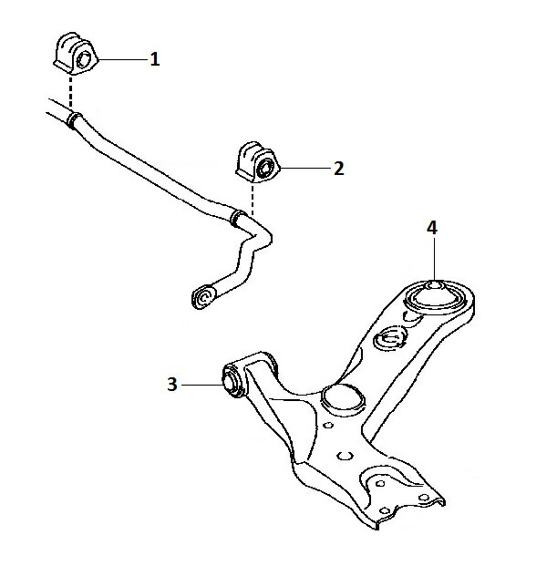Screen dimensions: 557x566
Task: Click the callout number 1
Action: click(155, 59)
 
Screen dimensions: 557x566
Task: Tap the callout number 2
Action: click(339, 169)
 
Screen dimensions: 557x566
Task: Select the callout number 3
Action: click(172, 385)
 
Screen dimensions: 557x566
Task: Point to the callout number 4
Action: click(432, 228)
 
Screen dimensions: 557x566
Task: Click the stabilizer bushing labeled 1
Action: click(76, 54)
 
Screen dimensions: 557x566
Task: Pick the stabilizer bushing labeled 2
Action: click(258, 162)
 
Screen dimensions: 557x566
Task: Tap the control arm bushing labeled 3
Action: click(233, 381)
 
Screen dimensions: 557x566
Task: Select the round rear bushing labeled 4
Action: click(434, 297)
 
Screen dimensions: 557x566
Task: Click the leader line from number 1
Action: click(123, 59)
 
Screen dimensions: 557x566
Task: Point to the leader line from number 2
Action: click(305, 169)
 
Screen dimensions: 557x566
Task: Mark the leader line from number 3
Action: click(202, 385)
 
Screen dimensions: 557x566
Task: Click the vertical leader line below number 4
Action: click(434, 259)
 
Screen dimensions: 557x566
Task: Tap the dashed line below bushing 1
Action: click(71, 92)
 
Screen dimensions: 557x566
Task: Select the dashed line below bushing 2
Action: click(253, 200)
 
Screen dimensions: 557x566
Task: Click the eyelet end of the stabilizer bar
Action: click(203, 297)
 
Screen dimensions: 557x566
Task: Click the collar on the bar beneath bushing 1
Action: click(75, 120)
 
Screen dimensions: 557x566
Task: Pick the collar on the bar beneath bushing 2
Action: click(238, 218)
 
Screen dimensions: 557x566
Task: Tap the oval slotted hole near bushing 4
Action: click(390, 338)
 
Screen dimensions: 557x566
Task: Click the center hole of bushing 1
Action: click(86, 59)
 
